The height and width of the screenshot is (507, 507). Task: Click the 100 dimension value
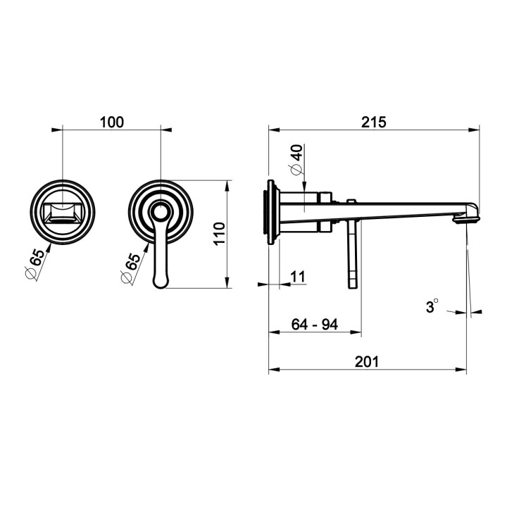tap(111, 123)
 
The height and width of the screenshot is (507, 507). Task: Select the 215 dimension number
tap(374, 123)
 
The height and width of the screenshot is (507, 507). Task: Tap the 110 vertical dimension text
tap(220, 234)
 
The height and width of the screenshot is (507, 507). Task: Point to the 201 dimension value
tap(367, 362)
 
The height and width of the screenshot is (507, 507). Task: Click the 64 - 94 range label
tap(315, 325)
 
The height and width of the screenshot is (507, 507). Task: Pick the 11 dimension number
tap(298, 277)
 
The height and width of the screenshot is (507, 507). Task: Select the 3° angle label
tap(432, 306)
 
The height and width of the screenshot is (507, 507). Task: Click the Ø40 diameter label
tap(297, 160)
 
